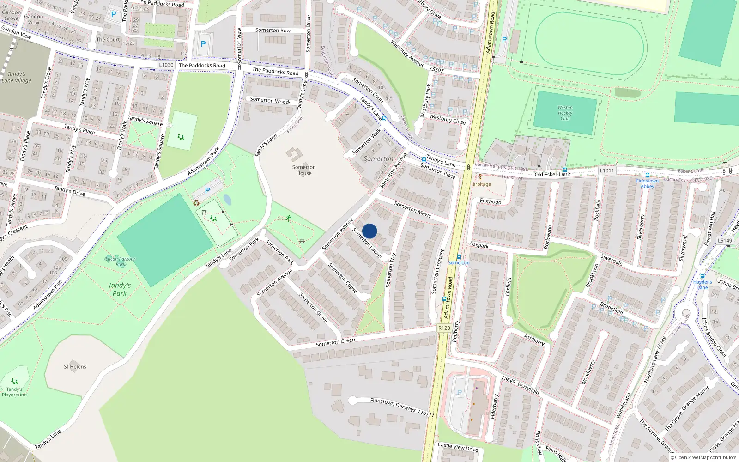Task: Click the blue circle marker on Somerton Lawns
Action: [369, 231]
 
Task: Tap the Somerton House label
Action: [304, 170]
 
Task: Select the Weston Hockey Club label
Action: [565, 113]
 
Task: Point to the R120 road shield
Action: [444, 328]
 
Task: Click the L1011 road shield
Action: [607, 170]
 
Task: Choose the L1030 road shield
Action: [166, 65]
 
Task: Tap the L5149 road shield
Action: [725, 240]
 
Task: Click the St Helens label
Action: [75, 367]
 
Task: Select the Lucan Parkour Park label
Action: [120, 261]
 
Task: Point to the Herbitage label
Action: [480, 184]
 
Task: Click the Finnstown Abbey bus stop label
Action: [647, 183]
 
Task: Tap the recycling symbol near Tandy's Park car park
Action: [196, 202]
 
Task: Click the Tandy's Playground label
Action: [14, 392]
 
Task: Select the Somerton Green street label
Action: [335, 342]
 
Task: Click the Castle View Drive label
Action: [458, 447]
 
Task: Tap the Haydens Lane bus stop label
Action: [703, 284]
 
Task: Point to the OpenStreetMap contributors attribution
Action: [703, 458]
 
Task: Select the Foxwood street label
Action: [491, 201]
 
